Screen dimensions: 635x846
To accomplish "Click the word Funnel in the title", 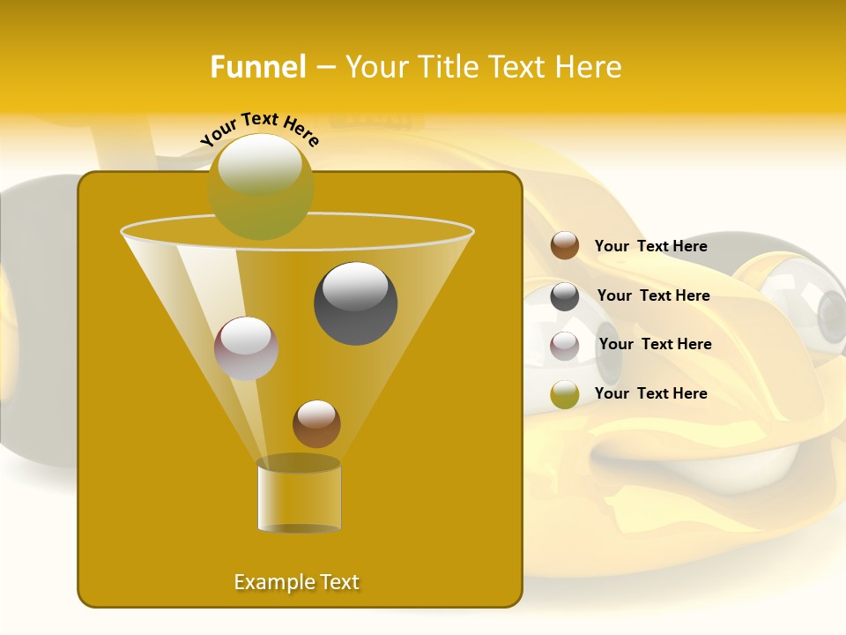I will point(258,67).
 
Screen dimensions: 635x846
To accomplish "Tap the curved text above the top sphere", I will point(260,129).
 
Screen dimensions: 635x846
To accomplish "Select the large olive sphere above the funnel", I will point(260,186).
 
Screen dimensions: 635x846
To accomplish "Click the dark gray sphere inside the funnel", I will point(356,303).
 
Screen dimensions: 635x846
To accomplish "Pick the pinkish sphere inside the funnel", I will point(246,348).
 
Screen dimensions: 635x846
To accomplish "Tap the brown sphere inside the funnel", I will point(316,423).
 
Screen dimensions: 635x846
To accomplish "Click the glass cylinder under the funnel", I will point(299,496).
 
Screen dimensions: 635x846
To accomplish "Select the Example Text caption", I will point(297,582).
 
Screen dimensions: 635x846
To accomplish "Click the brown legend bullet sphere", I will point(565,246).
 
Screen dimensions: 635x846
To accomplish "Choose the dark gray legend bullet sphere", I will point(565,296).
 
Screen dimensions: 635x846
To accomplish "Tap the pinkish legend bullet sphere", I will point(565,346).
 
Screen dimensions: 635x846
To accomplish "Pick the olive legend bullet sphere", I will point(565,394).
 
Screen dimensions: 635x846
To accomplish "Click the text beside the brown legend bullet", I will point(650,246).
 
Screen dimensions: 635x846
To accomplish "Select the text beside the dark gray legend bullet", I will point(653,295).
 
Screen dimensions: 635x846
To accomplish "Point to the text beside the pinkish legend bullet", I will point(655,344).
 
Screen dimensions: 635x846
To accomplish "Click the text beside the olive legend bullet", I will point(650,393).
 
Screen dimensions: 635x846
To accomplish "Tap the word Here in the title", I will point(590,67).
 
